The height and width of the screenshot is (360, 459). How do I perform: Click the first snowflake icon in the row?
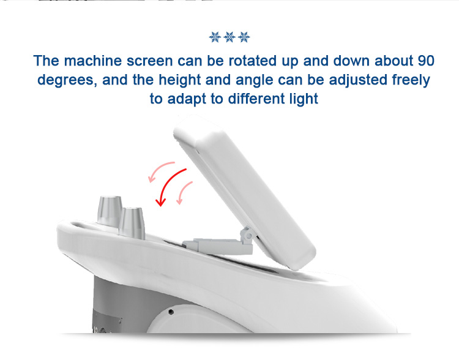click(215, 37)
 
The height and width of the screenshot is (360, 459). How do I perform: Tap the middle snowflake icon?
click(229, 37)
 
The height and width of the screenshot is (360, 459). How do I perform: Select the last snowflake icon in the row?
click(244, 37)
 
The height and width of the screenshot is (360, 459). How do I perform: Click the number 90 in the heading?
click(426, 61)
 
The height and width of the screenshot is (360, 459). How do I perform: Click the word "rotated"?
click(252, 61)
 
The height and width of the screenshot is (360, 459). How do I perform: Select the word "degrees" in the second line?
click(67, 80)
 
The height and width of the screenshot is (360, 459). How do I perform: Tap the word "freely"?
click(411, 80)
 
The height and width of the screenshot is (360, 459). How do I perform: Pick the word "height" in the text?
click(180, 80)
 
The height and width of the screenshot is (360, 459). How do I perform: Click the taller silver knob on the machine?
click(110, 211)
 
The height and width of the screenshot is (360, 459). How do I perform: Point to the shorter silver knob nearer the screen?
click(132, 223)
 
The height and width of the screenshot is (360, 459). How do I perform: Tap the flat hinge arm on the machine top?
click(217, 246)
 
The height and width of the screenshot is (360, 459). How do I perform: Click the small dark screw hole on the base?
click(171, 312)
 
